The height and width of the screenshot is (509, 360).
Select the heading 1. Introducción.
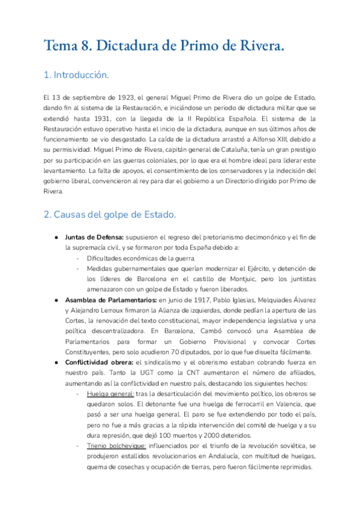[76, 76]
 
